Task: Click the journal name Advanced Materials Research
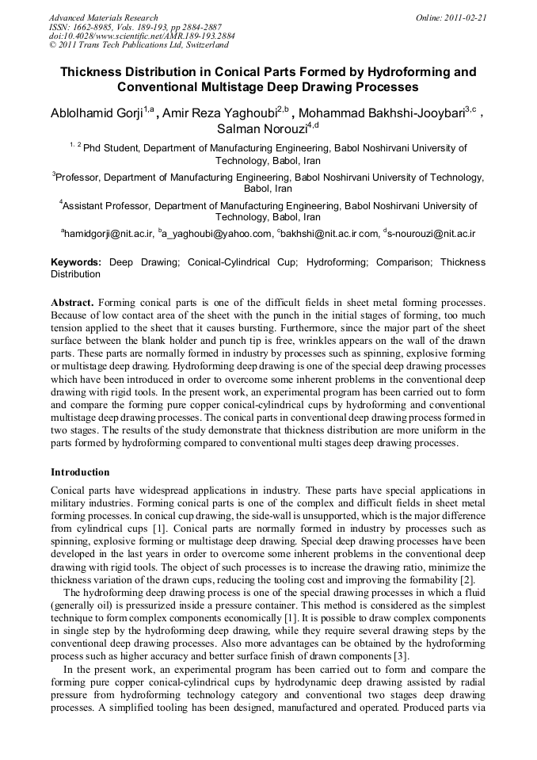point(103,17)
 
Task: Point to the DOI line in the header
point(142,36)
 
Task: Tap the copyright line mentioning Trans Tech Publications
point(139,45)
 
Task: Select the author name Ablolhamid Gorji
point(96,113)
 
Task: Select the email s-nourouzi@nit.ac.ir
point(432,234)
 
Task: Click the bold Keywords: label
point(76,262)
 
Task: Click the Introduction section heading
point(80,472)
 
